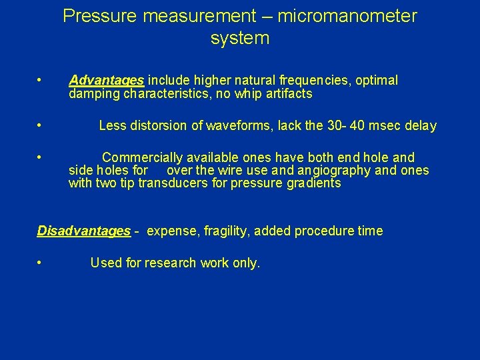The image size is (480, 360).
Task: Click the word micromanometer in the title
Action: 347,16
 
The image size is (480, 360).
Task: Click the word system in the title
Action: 240,39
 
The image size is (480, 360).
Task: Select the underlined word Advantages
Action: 107,81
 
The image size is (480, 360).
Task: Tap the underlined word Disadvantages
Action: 84,231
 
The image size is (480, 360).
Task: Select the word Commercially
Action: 142,158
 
